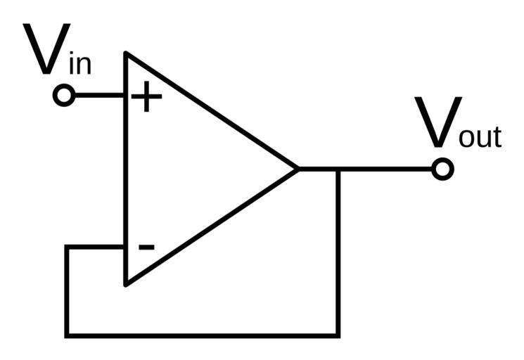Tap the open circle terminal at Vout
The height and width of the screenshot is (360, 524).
pos(442,169)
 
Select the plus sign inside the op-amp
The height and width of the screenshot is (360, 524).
pos(146,96)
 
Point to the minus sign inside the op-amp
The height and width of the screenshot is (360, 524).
pos(146,247)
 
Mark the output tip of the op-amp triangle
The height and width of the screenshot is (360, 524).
pos(298,169)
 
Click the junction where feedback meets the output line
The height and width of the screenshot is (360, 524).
pos(338,169)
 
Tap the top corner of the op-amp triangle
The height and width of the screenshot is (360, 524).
pos(126,53)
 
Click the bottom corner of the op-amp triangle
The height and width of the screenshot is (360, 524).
pos(126,284)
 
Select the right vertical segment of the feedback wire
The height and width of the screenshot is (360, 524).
pos(338,253)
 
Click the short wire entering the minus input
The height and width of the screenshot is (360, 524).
pos(96,247)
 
